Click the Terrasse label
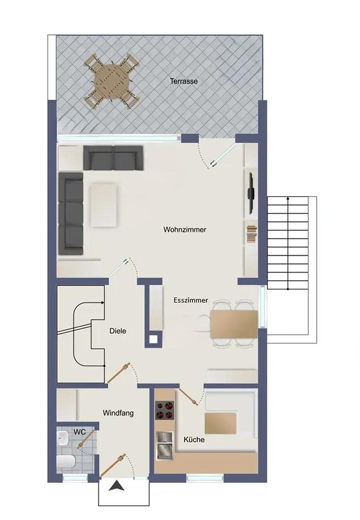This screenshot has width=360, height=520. tap(184, 81)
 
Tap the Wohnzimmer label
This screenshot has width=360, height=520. tap(185, 229)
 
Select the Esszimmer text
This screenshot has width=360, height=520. tap(191, 300)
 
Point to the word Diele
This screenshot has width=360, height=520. tap(118, 331)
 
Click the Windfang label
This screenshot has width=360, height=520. tap(118, 413)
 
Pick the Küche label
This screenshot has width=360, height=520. tap(194, 440)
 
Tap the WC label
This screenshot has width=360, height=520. tap(80, 432)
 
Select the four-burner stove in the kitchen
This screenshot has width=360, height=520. tap(164, 410)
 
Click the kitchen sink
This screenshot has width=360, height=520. tap(165, 446)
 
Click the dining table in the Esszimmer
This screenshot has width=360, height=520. tap(234, 324)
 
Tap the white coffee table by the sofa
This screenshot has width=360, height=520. tap(104, 205)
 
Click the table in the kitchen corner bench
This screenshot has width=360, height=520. tap(220, 423)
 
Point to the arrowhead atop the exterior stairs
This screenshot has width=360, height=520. tap(288, 199)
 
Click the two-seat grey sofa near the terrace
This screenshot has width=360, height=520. tap(113, 158)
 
